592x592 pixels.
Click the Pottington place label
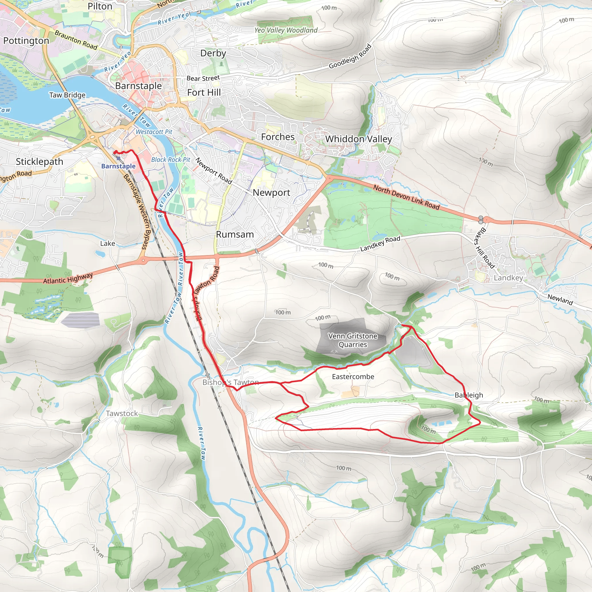[26, 41]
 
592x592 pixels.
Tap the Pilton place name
[100, 6]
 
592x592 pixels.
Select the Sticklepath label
[40, 162]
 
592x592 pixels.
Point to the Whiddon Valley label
[358, 139]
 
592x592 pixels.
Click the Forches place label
[277, 137]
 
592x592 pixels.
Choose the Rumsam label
[235, 234]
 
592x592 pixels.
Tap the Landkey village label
[508, 278]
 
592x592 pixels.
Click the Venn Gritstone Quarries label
[353, 340]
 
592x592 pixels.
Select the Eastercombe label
[353, 377]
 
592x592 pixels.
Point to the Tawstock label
[122, 413]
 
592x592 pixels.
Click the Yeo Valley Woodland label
[286, 30]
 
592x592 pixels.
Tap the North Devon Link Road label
[406, 197]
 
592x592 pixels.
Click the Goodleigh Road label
[350, 57]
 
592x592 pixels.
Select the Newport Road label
[214, 171]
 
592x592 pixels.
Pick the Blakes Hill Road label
[484, 248]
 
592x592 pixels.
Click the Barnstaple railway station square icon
[118, 158]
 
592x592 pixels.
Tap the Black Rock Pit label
[171, 160]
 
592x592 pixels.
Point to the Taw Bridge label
[67, 95]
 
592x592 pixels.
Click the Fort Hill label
[204, 92]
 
